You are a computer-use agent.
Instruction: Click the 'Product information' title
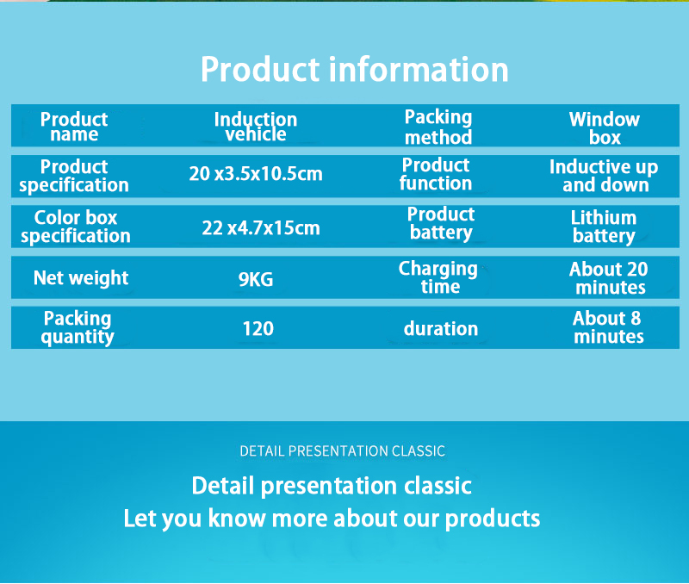click(355, 70)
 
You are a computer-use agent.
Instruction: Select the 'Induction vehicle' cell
click(256, 127)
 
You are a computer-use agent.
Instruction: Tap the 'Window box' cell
click(605, 128)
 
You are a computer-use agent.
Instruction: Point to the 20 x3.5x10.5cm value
click(256, 174)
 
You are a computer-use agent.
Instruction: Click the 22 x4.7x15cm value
click(261, 227)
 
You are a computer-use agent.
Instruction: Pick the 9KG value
click(256, 279)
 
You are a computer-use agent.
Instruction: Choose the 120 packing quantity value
click(258, 329)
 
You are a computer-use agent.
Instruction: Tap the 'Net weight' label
click(81, 278)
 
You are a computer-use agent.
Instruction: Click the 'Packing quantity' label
click(78, 328)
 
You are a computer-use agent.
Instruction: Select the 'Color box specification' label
click(76, 227)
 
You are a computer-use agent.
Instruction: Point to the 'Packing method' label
click(438, 127)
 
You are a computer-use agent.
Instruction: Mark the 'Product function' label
click(436, 175)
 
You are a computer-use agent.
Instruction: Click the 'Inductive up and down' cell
click(604, 176)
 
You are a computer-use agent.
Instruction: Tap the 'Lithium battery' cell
click(604, 227)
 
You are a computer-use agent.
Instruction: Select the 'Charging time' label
click(438, 277)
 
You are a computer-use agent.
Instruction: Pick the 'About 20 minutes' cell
click(609, 278)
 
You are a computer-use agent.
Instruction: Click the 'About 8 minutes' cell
click(608, 327)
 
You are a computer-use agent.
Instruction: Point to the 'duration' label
click(441, 329)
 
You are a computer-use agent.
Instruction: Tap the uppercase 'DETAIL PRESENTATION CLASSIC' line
click(342, 450)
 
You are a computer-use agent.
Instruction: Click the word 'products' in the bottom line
click(493, 519)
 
